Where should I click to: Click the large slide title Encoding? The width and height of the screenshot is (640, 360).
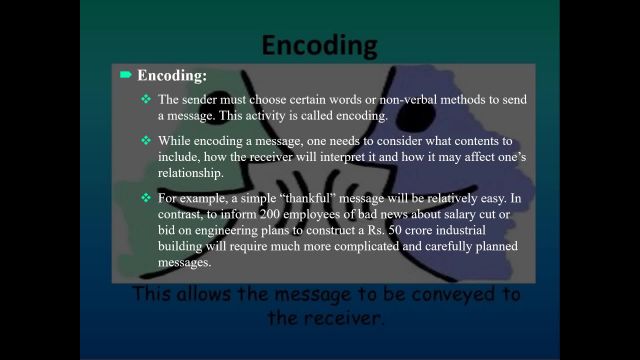pos(319,45)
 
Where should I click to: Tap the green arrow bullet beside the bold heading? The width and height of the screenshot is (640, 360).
pos(126,75)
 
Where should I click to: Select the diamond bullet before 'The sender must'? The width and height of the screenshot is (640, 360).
pos(146,99)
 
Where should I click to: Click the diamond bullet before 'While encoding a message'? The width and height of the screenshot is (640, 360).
pos(146,140)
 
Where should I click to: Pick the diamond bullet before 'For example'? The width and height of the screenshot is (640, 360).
pos(146,198)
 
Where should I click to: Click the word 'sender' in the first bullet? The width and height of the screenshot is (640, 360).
pos(202,100)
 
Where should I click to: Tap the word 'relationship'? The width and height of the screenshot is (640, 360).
pos(190,173)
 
